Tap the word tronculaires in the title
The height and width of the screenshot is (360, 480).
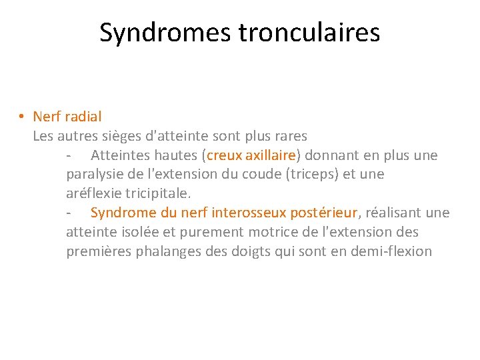[x=309, y=32]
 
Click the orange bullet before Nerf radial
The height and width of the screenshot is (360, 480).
[x=22, y=117]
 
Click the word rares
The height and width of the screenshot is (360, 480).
[x=289, y=136]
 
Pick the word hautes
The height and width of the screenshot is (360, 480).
[x=179, y=155]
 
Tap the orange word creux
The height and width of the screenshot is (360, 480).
[x=224, y=155]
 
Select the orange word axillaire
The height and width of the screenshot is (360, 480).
[x=270, y=155]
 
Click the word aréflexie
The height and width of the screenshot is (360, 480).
[x=93, y=193]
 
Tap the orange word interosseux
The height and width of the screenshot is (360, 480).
[x=248, y=213]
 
